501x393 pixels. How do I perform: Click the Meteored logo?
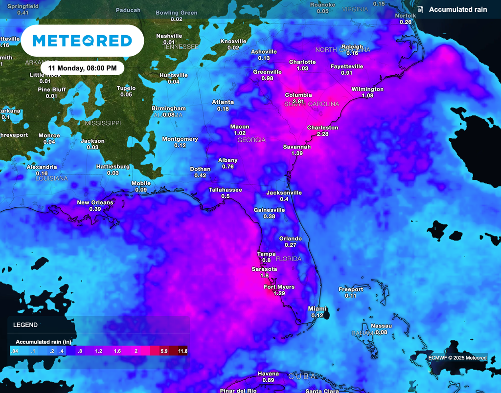point(82,41)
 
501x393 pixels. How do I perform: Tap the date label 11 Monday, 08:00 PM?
point(82,67)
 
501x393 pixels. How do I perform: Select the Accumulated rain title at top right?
point(457,10)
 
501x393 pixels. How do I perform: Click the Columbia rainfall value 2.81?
point(298,101)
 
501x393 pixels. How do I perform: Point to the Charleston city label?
point(322,128)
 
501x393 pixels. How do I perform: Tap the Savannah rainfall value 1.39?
point(297,153)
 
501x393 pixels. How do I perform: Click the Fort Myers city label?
point(279,287)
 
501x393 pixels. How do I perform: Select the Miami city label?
point(317,308)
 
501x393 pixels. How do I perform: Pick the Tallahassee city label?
point(225,190)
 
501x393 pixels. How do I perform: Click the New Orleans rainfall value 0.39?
point(95,209)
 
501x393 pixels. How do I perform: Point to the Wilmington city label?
point(367,89)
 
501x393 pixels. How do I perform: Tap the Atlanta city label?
point(223,102)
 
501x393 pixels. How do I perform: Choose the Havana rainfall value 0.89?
point(268,380)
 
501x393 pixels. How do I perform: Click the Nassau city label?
point(381,326)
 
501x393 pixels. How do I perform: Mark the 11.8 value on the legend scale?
point(183,351)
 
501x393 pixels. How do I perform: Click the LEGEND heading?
point(25,325)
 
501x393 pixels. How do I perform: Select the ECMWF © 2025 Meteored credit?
point(457,358)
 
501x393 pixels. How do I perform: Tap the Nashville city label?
point(169,36)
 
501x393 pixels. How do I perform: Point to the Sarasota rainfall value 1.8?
point(265,276)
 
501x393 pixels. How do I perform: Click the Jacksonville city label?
point(284,193)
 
